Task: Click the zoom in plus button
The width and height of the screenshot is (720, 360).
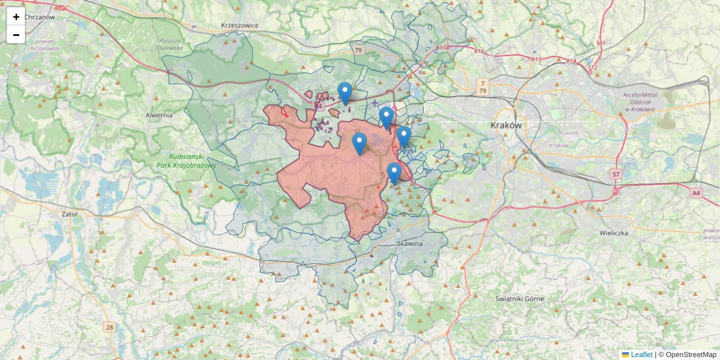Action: (x=16, y=17)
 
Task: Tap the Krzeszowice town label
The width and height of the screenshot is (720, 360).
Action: (x=239, y=25)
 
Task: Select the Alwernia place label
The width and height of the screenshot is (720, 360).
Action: (x=159, y=115)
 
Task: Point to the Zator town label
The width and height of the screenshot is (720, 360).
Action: (x=70, y=214)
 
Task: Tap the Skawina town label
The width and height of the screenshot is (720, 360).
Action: (x=410, y=244)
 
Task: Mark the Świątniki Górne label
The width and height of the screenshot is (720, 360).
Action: (x=520, y=298)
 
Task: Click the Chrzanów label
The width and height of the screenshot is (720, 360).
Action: (x=40, y=17)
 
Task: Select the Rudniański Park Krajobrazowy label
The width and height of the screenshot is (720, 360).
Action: (x=183, y=160)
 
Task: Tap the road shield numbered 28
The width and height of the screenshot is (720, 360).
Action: (x=109, y=327)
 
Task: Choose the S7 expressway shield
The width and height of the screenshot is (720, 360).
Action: (x=616, y=175)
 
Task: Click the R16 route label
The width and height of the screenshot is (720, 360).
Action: (x=479, y=52)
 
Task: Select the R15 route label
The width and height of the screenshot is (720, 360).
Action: (x=536, y=59)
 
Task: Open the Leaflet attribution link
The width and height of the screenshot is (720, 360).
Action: (x=641, y=355)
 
